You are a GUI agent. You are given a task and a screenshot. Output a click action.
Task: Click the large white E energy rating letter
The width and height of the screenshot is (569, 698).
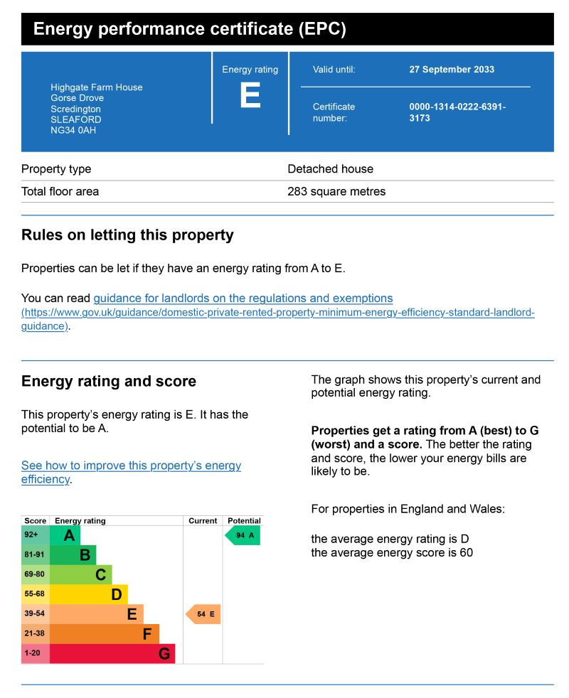coord(250,96)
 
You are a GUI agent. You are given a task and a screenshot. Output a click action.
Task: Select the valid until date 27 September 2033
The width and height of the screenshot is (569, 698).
coord(452,70)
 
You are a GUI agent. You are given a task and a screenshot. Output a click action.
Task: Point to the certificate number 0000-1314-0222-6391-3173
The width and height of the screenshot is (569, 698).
coord(457,112)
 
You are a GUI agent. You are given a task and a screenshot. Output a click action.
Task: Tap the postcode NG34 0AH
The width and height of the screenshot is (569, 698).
coord(73,131)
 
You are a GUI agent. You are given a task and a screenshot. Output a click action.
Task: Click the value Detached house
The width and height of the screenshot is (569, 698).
coord(330,169)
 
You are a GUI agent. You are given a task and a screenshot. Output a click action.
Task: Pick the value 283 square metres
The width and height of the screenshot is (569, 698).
coord(336,191)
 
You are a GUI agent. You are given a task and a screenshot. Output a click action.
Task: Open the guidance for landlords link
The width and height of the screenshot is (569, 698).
coord(243,299)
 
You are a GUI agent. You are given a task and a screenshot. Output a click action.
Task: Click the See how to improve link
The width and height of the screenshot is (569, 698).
coord(131,466)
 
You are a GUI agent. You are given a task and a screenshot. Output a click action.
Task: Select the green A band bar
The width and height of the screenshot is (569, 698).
coord(65,536)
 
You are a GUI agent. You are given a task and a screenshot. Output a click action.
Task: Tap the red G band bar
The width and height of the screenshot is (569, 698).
coord(112,653)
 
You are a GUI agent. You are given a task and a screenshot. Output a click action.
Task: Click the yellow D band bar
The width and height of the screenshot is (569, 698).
coord(89,594)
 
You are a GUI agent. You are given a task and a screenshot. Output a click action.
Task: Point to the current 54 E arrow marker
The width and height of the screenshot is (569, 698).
coord(203,614)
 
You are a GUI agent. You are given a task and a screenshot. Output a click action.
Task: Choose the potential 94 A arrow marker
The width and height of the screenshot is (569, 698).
coord(243,535)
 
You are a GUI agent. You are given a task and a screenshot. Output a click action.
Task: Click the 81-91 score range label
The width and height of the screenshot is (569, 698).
coord(35,555)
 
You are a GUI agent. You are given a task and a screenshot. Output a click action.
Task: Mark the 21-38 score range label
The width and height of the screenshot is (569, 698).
coord(35,633)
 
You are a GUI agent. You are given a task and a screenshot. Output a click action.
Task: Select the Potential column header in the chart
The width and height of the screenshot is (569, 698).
coord(244,521)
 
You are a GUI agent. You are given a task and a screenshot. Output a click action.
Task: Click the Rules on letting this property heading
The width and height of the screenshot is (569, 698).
coord(127,235)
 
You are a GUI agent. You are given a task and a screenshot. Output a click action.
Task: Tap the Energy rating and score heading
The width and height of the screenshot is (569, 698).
coord(109,382)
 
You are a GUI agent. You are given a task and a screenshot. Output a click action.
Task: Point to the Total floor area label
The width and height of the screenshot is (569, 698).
coord(60,191)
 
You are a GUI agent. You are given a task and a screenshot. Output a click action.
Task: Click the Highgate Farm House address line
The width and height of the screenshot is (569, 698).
coord(97,87)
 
